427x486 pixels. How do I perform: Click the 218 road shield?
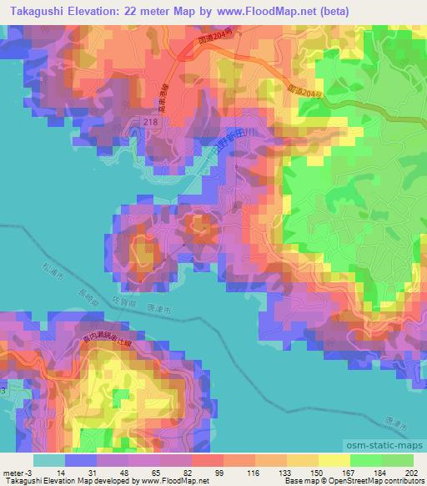click(149, 122)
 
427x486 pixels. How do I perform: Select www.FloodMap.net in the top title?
click(264, 11)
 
